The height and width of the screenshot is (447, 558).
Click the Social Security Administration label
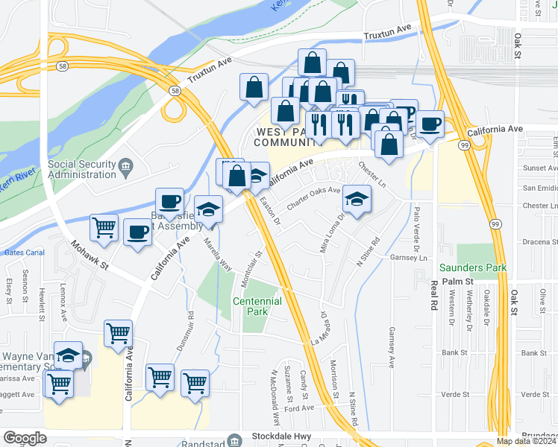(x=82, y=169)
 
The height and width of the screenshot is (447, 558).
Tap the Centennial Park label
(x=257, y=306)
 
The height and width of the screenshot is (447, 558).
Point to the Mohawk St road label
(x=90, y=255)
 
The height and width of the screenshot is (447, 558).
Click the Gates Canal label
(x=25, y=253)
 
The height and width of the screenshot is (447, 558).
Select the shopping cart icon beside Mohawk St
(x=104, y=226)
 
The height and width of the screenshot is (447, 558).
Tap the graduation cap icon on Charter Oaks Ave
(x=357, y=198)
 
